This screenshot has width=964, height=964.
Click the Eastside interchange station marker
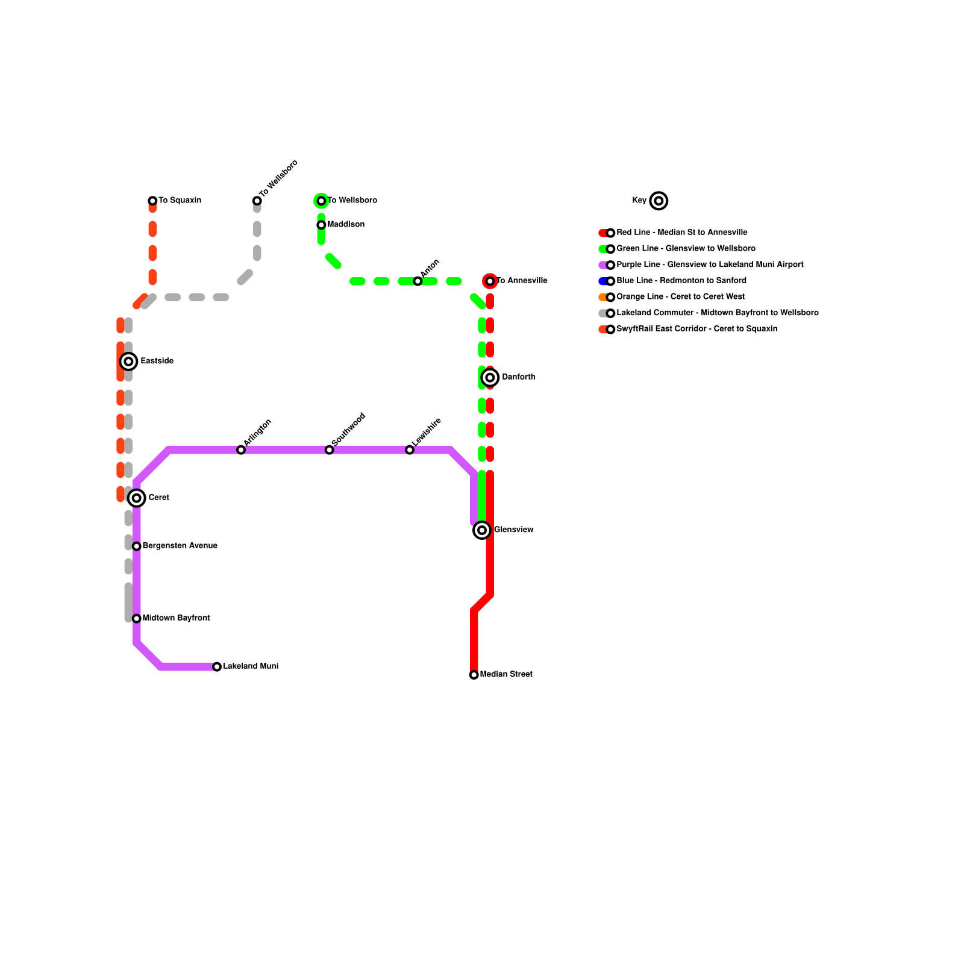128,361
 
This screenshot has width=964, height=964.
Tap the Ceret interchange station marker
137,498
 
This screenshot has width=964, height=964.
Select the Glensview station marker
482,530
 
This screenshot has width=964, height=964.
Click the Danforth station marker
490,378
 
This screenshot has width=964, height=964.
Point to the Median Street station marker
474,675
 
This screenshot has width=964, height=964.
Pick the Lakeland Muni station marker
217,667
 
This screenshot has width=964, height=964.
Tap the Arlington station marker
241,450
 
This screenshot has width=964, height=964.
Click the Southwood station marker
329,450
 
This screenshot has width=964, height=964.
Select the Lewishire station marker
410,450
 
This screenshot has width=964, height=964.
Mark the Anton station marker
418,281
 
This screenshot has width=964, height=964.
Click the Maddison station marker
321,225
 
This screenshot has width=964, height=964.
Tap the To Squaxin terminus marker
152,201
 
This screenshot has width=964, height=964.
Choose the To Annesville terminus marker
490,281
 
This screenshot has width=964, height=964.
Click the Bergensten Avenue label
180,546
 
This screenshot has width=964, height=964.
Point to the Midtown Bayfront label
176,618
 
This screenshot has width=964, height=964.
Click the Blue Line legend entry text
681,281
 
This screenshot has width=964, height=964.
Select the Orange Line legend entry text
680,297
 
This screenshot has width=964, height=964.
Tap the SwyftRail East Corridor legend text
696,329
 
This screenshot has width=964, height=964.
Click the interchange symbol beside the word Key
659,201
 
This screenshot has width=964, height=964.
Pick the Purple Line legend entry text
710,264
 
